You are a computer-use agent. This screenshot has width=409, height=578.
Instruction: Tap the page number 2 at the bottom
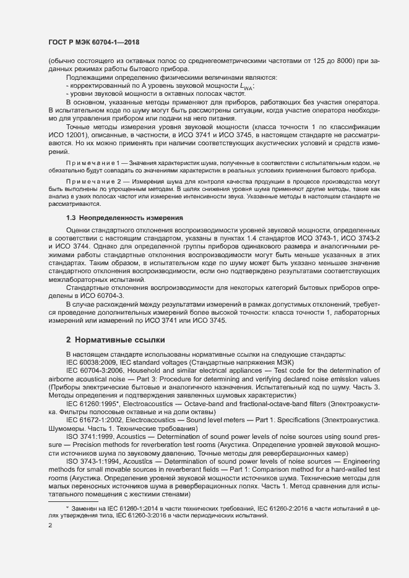(50, 525)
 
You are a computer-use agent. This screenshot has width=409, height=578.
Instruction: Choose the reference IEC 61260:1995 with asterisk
(95, 402)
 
